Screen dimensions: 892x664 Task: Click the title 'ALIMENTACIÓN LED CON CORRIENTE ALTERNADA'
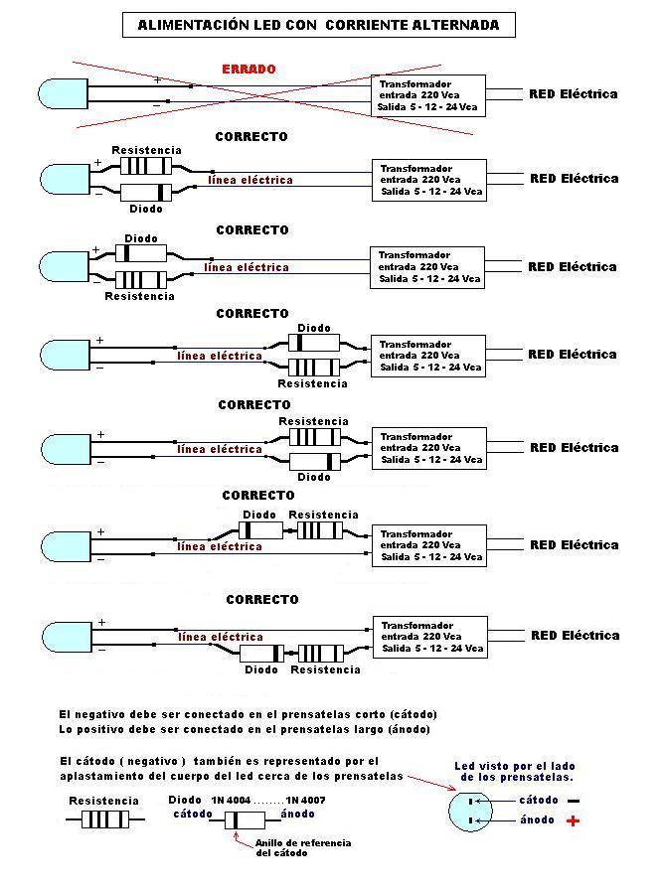pyautogui.click(x=318, y=25)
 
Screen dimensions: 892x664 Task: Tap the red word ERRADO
pyautogui.click(x=249, y=70)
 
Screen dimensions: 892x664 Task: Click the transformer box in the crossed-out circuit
pyautogui.click(x=428, y=95)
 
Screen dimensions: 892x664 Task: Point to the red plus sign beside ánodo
pyautogui.click(x=573, y=820)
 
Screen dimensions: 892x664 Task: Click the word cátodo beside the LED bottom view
pyautogui.click(x=539, y=800)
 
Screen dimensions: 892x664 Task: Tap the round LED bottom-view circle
pyautogui.click(x=471, y=810)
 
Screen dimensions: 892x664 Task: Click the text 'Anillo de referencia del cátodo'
pyautogui.click(x=289, y=847)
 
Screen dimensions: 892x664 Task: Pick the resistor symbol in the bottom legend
pyautogui.click(x=104, y=819)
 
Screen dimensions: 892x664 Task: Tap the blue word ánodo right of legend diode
pyautogui.click(x=298, y=815)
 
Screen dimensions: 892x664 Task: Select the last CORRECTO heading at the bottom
pyautogui.click(x=261, y=600)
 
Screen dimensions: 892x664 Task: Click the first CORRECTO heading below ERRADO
pyautogui.click(x=251, y=136)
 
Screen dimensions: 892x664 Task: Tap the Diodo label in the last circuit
pyautogui.click(x=261, y=669)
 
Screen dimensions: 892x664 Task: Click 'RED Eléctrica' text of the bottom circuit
pyautogui.click(x=575, y=636)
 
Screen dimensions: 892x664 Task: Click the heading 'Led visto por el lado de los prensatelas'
pyautogui.click(x=514, y=771)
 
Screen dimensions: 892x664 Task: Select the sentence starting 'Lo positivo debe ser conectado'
pyautogui.click(x=245, y=729)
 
